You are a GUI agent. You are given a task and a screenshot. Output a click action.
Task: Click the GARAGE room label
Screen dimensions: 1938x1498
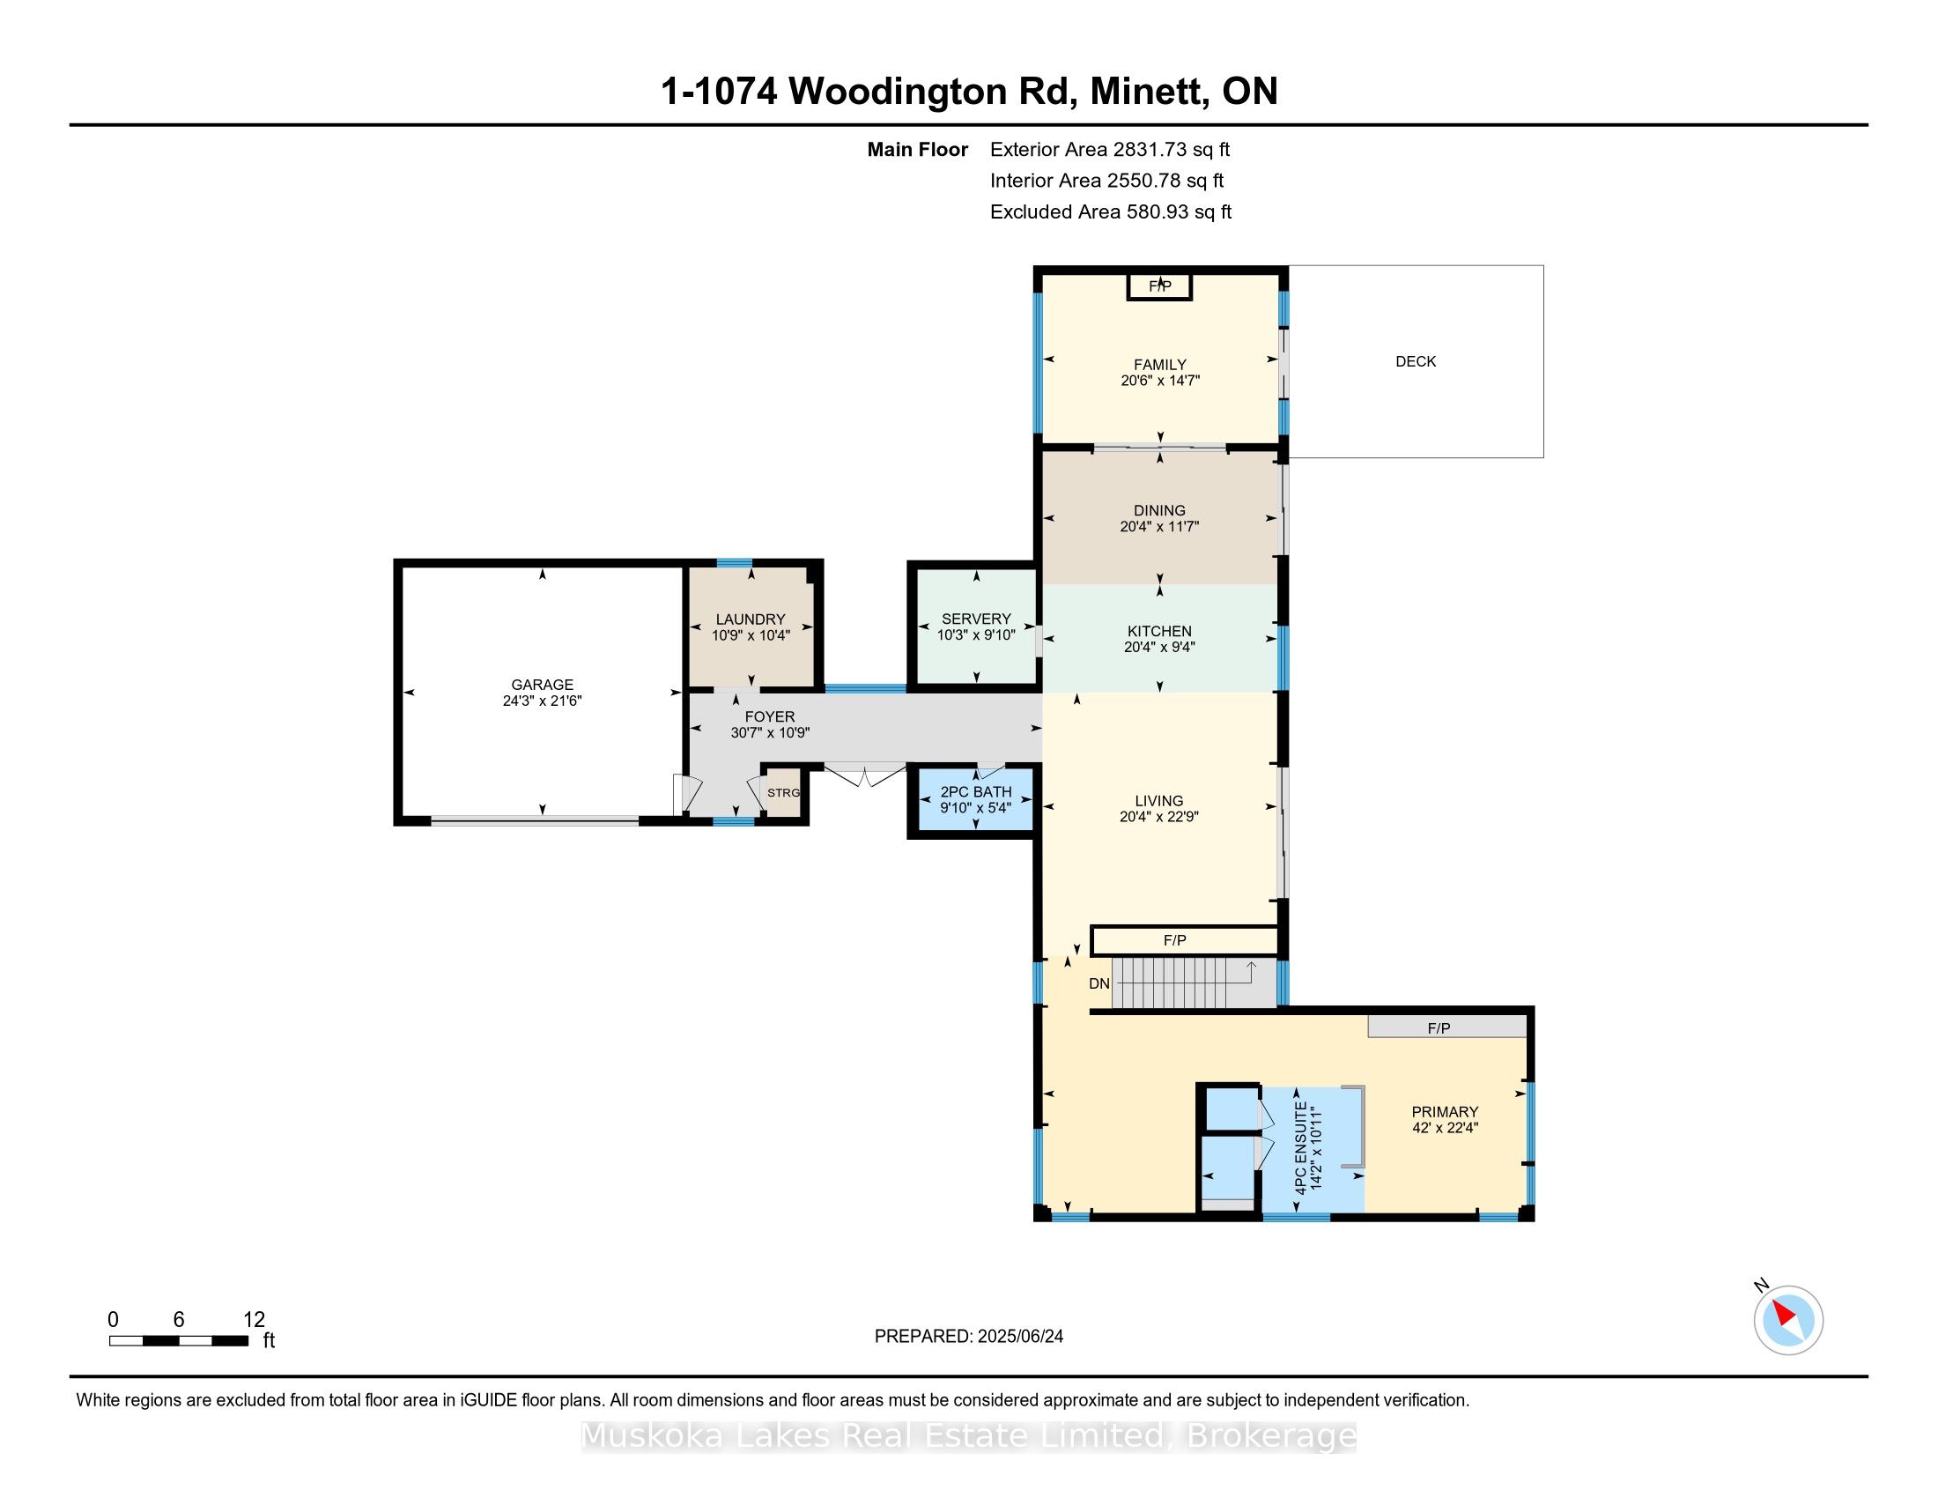[542, 684]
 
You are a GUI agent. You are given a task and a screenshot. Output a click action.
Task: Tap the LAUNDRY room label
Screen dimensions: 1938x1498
[751, 619]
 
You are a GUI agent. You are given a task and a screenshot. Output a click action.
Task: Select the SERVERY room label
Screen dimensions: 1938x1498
[976, 619]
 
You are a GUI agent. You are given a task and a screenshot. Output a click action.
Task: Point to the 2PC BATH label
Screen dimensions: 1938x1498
[976, 791]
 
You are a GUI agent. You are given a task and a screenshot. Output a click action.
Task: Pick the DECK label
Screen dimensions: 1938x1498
[1416, 361]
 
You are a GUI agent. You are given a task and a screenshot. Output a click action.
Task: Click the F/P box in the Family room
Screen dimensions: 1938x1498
[1160, 286]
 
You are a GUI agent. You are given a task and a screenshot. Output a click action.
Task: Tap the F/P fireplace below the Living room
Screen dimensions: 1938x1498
[1184, 941]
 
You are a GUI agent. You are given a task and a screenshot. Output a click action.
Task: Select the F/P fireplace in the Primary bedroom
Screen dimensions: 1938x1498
[1447, 1027]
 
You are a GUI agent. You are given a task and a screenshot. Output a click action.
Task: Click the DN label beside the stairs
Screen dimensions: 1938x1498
[1099, 983]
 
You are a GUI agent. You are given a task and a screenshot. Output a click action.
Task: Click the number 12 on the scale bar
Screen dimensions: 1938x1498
[254, 1320]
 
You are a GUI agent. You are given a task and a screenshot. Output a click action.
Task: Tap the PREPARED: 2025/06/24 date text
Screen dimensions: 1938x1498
[969, 1337]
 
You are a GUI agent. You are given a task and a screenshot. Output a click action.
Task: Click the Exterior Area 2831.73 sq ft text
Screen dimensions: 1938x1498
[1110, 150]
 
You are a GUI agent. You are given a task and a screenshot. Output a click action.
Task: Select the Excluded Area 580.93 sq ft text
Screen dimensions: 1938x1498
[1111, 212]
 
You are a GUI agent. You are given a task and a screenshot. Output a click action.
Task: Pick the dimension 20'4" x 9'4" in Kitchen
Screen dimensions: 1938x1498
[1160, 647]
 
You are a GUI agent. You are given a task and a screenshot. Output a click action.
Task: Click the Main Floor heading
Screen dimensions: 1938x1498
[918, 150]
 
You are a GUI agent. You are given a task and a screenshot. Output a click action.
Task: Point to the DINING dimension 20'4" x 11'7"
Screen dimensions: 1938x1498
[1160, 526]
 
